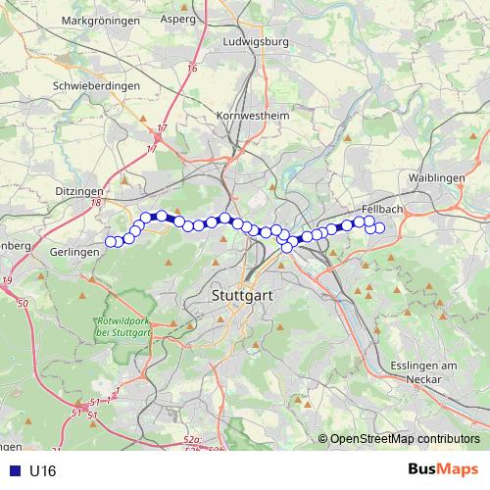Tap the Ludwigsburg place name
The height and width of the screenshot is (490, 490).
(257, 42)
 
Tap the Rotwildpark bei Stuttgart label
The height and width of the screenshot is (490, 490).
(123, 328)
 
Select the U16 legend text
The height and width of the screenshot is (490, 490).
(43, 470)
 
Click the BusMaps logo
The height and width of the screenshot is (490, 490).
(443, 470)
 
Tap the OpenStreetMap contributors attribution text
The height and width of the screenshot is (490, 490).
(405, 438)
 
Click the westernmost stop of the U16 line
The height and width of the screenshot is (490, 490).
(111, 242)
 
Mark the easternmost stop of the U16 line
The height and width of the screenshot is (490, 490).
(379, 228)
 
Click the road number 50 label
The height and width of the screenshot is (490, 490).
(23, 304)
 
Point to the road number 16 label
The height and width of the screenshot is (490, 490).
(193, 69)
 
